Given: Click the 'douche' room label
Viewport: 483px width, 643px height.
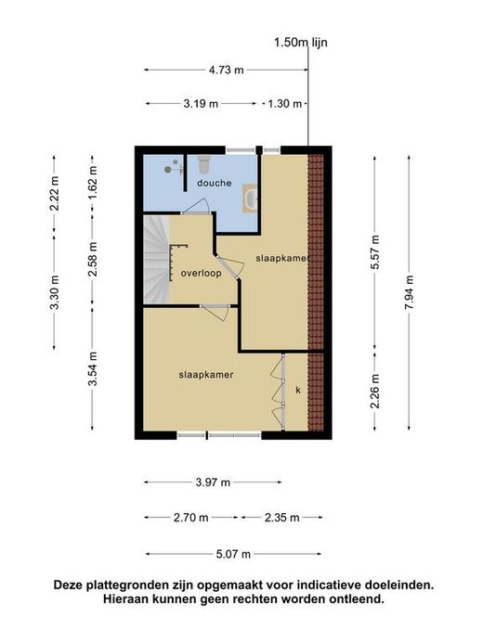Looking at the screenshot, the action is coord(214,183).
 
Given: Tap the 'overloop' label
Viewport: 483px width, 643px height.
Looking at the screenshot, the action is coord(201,273).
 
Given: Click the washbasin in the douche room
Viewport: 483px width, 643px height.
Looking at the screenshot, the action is coord(250,199).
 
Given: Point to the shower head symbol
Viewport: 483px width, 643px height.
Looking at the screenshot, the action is coord(168,169).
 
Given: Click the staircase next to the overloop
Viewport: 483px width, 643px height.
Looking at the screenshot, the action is coord(156,260).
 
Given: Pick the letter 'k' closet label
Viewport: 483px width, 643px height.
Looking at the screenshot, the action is coord(298,390).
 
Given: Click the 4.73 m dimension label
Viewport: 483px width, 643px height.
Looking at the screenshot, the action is coord(226,71).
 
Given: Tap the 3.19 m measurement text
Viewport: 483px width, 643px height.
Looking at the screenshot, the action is coord(201,104).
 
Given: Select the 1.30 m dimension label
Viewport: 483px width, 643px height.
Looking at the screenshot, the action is coord(284,104).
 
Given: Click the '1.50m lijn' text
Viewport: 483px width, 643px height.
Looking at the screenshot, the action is coord(301,43).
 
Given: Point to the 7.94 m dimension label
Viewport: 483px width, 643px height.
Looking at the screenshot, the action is coord(409,292).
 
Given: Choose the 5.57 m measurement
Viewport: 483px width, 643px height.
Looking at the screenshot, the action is coord(374,251).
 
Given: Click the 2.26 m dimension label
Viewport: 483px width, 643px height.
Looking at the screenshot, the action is coord(374,392).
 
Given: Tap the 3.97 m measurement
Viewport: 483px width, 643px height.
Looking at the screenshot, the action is coord(213,482).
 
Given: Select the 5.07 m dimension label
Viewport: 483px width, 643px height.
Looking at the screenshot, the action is coord(233,555).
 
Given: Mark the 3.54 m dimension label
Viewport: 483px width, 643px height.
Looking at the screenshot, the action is coord(92,368).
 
